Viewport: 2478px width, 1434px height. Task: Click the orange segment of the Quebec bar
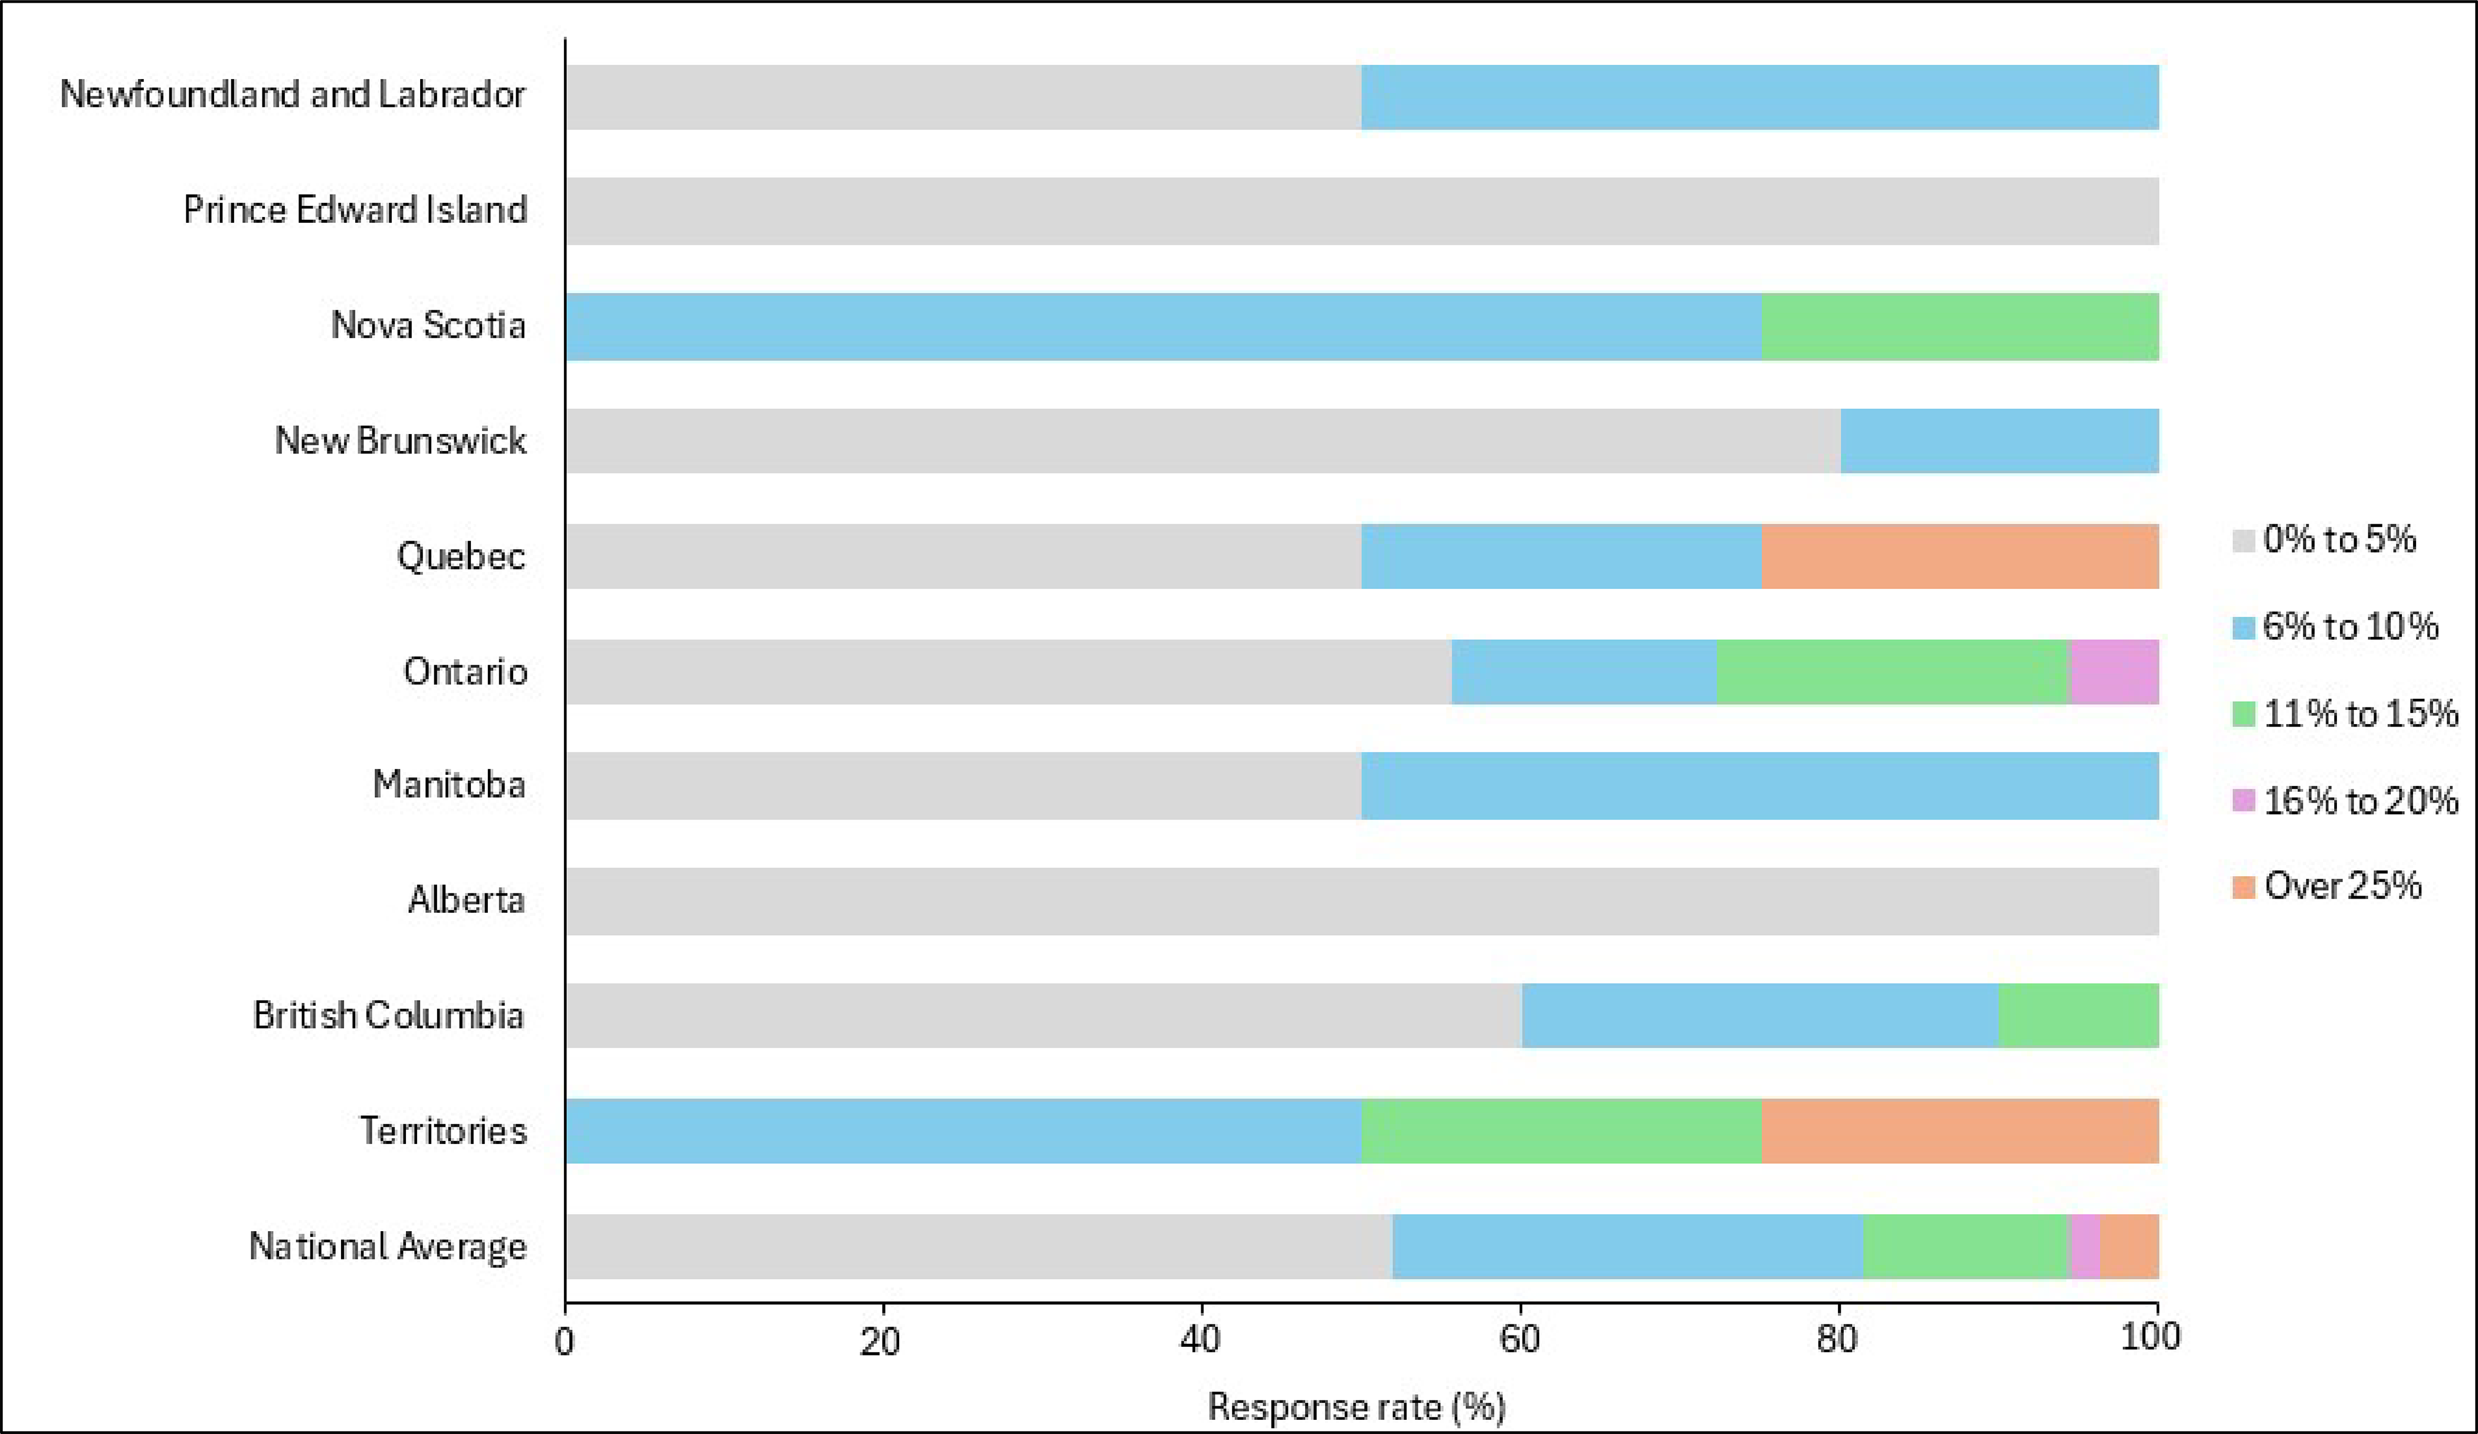tap(1959, 556)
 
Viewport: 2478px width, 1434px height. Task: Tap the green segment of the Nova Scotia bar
tap(1959, 326)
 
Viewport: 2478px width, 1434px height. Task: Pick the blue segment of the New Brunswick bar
tap(1999, 441)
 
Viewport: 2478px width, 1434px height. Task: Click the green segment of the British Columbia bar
tap(2078, 1015)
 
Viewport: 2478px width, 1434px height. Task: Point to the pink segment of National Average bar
tap(2084, 1246)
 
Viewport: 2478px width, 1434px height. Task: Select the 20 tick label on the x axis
tap(881, 1338)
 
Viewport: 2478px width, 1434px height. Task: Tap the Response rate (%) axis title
tap(1356, 1406)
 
